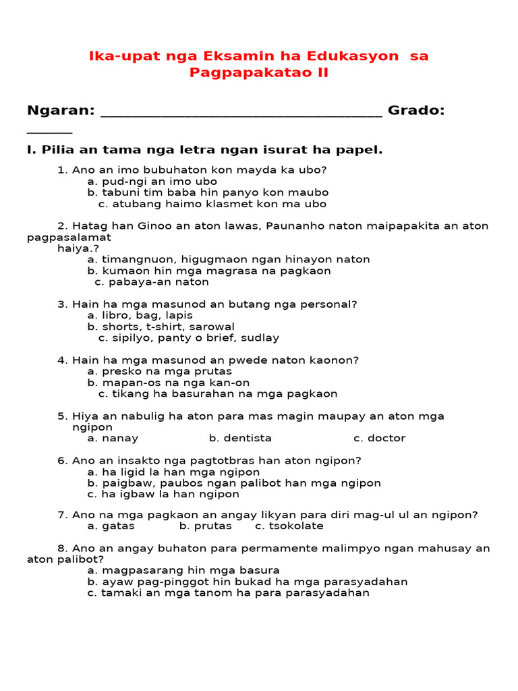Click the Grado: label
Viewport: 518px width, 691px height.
point(416,111)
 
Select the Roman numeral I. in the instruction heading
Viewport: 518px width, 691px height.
point(31,150)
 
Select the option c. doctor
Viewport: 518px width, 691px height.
point(380,438)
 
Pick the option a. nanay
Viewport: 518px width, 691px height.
point(113,438)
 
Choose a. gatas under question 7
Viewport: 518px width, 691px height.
point(111,526)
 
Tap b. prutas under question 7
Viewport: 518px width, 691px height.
point(206,526)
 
